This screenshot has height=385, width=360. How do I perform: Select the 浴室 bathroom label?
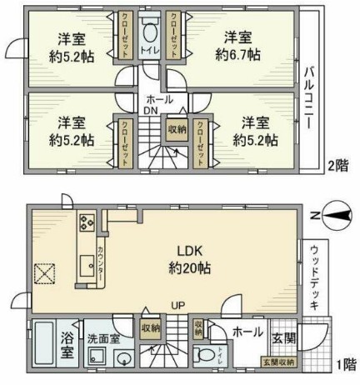click(x=67, y=345)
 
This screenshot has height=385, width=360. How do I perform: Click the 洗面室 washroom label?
click(x=105, y=338)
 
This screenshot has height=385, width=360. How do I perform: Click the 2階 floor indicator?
click(x=337, y=165)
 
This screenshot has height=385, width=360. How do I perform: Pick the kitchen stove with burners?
click(x=88, y=224)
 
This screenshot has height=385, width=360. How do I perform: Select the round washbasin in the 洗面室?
click(x=124, y=360)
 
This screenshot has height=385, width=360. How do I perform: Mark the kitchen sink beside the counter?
click(x=87, y=267)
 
